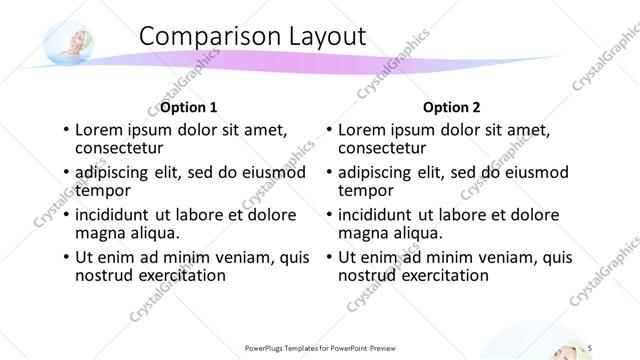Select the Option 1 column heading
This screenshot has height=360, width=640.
coord(188,107)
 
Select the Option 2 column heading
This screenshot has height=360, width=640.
coord(451,107)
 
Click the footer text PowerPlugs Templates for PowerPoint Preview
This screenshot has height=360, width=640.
coord(323,347)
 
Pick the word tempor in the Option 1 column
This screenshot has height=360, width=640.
coord(103,190)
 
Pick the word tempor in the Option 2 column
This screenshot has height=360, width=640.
coord(366,190)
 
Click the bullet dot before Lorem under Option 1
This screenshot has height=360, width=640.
coord(66,130)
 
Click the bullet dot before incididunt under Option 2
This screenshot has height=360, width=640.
coord(329,215)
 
